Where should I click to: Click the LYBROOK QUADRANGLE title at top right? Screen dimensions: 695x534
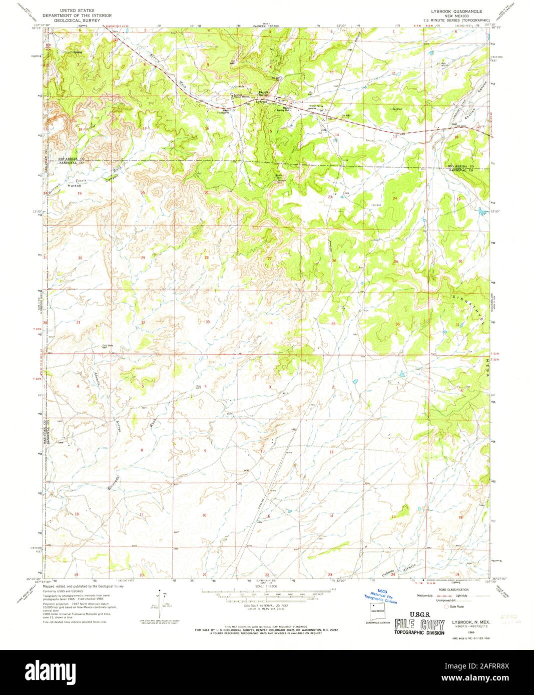click(x=453, y=9)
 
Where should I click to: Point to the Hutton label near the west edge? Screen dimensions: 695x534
click(x=74, y=185)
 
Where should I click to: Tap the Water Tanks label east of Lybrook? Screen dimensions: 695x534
click(x=316, y=106)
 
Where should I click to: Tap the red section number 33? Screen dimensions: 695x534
click(x=207, y=322)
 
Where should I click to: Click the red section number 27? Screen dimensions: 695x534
click(x=270, y=258)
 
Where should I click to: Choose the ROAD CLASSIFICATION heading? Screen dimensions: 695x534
click(x=453, y=590)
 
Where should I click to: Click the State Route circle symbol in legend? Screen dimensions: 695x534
click(x=433, y=606)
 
